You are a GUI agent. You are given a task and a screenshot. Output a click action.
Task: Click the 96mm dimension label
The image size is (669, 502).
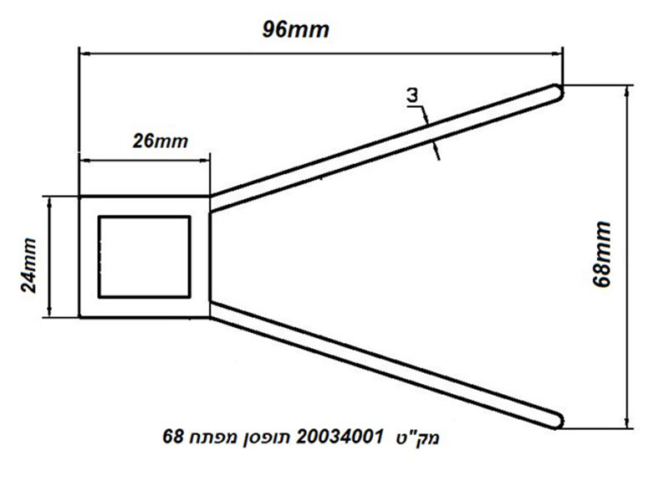[x=296, y=30]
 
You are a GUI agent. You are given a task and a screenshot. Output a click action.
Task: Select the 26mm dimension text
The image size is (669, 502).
[x=160, y=141]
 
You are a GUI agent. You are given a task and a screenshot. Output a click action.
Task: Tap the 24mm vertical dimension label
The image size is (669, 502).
[x=29, y=264]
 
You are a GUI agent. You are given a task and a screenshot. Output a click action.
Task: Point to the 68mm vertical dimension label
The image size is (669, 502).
[x=602, y=254]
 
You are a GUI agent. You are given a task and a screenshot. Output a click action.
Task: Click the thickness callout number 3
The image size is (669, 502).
[x=412, y=95]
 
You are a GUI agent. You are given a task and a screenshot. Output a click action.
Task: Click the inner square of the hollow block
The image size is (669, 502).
[x=145, y=217]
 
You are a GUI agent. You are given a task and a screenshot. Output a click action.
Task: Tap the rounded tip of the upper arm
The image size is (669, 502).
[x=558, y=92]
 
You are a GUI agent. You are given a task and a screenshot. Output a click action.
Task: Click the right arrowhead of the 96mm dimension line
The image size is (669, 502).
[x=557, y=54]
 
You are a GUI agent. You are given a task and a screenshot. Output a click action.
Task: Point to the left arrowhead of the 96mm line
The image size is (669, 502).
[x=85, y=54]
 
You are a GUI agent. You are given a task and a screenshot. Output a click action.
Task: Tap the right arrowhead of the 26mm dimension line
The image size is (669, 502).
[x=205, y=161]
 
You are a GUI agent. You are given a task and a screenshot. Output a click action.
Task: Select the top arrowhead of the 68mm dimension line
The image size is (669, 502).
[x=626, y=91]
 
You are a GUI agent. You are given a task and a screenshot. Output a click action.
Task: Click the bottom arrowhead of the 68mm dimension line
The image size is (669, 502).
[x=626, y=422]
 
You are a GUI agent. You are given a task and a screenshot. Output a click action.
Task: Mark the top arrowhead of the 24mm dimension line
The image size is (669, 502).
[x=49, y=202]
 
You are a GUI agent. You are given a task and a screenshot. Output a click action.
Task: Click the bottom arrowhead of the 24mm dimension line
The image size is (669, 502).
[x=49, y=311]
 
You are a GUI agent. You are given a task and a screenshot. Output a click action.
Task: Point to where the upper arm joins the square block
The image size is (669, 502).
[x=211, y=204]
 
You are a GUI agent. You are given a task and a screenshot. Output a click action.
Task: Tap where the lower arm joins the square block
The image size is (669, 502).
[x=211, y=310]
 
